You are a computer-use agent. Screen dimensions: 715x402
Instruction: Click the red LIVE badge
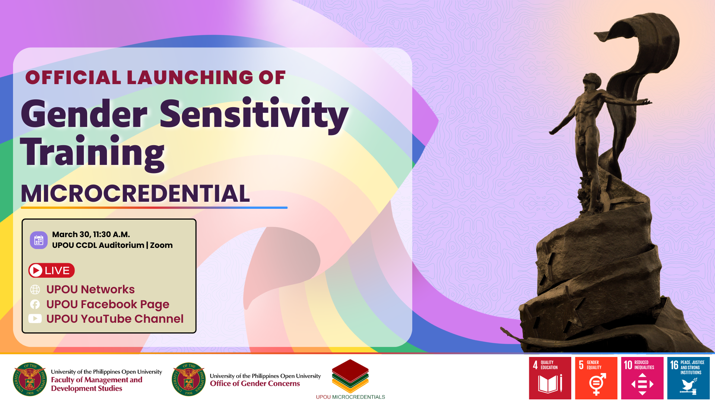pos(51,271)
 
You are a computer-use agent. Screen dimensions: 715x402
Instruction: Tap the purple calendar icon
pos(39,240)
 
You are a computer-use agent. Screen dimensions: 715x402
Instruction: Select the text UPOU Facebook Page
pos(108,304)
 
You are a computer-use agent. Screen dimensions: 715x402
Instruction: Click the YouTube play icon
pos(35,319)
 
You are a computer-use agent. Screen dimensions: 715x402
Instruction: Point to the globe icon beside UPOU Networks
pos(35,289)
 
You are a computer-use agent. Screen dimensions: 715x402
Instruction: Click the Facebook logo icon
pos(35,304)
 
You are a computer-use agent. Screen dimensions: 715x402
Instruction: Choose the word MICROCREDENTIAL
pos(135,194)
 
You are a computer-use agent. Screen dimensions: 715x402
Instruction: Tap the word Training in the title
pos(92,153)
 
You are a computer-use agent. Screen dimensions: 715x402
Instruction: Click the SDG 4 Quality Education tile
pos(550,378)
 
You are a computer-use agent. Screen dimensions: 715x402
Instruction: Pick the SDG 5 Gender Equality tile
pos(596,378)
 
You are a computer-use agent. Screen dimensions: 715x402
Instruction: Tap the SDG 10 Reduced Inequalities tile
pos(642,378)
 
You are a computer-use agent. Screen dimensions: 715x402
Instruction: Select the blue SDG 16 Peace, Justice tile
pos(689,378)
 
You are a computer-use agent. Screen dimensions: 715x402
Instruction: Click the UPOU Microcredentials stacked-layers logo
pos(350,376)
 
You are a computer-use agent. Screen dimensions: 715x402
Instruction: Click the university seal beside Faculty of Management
pos(30,379)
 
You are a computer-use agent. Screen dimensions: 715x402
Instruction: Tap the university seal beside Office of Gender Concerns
pos(189,379)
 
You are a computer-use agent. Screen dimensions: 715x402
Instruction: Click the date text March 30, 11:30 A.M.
pos(91,234)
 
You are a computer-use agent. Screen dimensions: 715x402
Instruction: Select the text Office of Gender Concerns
pos(255,384)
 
